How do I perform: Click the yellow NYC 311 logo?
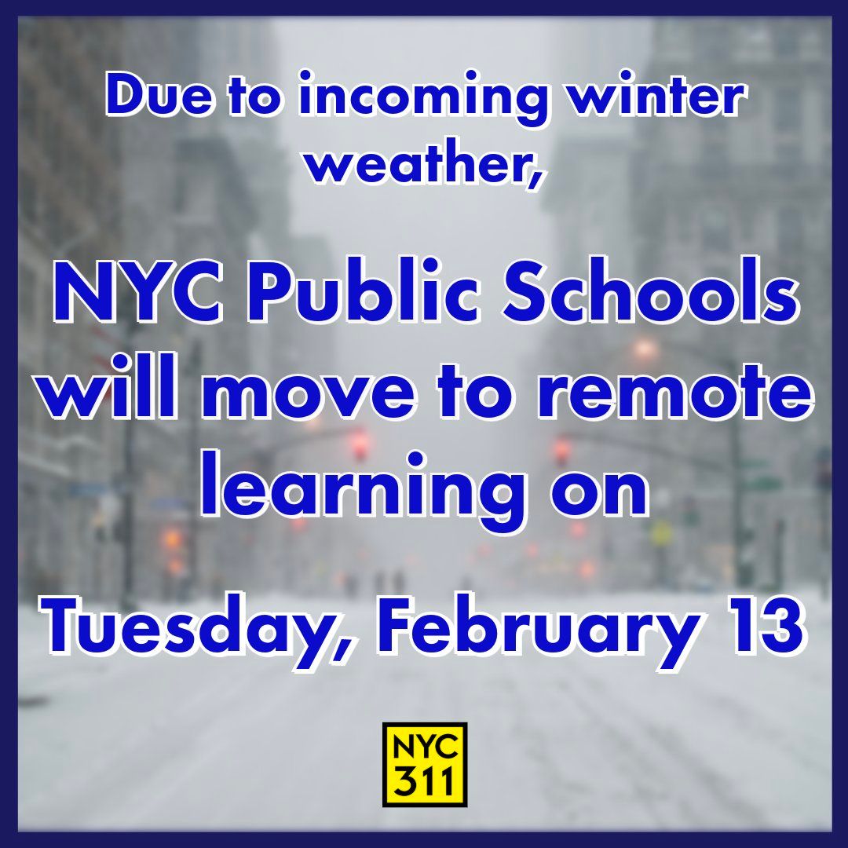pos(425,765)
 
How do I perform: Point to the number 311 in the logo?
pos(425,782)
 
